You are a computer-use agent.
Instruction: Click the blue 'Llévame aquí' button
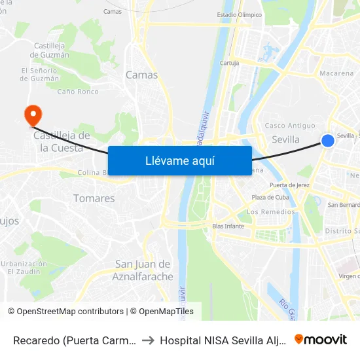point(179,160)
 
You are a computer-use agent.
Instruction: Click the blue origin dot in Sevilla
point(329,141)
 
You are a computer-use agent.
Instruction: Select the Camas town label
point(142,75)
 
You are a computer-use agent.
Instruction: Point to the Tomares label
point(94,198)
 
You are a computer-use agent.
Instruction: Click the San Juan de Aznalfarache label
point(144,270)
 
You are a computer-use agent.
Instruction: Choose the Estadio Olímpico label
point(239,14)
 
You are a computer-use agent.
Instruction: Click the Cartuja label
point(229,63)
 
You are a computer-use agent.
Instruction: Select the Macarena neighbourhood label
point(337,73)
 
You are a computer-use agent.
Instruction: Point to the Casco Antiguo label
point(290,126)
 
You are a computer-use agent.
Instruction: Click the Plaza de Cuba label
point(270,198)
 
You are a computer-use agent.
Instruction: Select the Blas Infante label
point(228,226)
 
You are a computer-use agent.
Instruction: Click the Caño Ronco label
point(78,92)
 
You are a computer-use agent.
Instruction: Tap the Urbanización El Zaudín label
point(24,267)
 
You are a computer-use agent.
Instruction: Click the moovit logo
point(321,340)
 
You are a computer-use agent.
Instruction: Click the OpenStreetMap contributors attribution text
point(67,312)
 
